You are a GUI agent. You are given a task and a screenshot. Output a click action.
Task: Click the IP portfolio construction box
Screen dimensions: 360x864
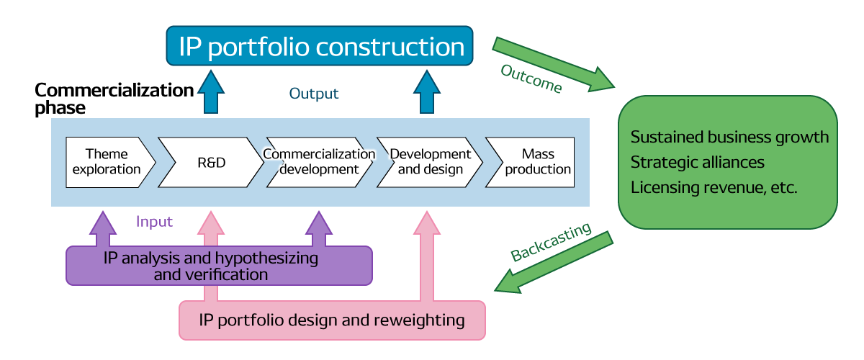pos(320,48)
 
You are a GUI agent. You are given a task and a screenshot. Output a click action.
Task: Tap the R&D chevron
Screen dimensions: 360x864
pos(211,162)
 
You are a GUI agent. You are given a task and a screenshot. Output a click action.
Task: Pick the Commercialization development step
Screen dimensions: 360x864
pos(319,162)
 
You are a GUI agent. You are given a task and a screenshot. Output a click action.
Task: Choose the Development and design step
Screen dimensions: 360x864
pos(430,162)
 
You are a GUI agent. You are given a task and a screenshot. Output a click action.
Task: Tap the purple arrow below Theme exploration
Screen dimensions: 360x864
pos(102,229)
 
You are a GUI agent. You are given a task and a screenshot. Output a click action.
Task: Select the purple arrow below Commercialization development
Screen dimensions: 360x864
pos(318,229)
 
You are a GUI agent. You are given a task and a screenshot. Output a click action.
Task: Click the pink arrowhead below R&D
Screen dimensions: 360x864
pos(210,225)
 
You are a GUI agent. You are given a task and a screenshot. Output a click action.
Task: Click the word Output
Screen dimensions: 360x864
pos(314,94)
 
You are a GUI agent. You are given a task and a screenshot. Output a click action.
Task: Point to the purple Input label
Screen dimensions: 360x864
pos(154,222)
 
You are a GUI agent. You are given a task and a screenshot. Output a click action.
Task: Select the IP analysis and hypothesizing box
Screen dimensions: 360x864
pos(219,266)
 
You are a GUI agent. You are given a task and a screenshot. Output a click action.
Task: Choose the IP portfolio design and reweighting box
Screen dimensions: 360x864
pos(332,320)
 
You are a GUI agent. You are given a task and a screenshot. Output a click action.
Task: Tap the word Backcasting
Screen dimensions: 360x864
pos(551,243)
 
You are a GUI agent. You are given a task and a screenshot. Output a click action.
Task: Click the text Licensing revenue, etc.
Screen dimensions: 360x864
pos(713,187)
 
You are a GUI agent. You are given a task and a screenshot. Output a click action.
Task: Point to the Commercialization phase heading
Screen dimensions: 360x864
pos(114,99)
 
